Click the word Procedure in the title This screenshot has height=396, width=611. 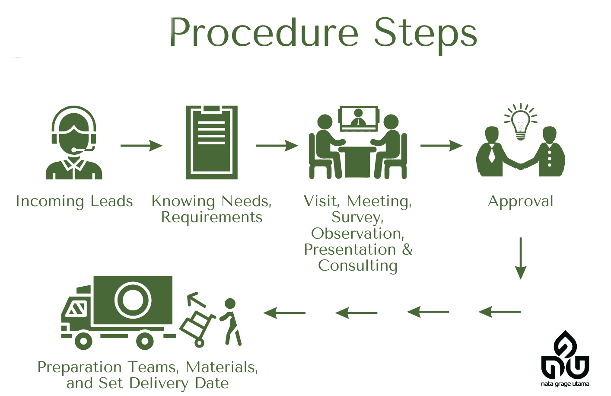tap(264, 33)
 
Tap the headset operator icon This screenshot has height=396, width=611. tap(74, 143)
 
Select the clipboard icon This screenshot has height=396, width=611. tap(212, 143)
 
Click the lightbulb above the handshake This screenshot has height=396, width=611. tap(521, 121)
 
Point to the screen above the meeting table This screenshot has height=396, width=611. tap(358, 118)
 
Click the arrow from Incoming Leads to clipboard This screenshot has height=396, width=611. tap(141, 146)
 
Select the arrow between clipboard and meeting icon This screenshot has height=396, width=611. tap(277, 146)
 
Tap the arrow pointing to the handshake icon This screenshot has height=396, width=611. tap(441, 146)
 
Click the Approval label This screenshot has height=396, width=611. tap(520, 201)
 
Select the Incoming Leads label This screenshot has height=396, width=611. tap(74, 201)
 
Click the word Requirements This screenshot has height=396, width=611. tap(212, 217)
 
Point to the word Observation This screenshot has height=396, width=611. tap(358, 233)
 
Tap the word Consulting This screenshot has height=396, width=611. tap(358, 265)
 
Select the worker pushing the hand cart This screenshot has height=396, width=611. tap(230, 322)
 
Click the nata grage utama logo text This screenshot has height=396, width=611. tap(565, 384)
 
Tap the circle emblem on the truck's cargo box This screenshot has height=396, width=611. tap(133, 300)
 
